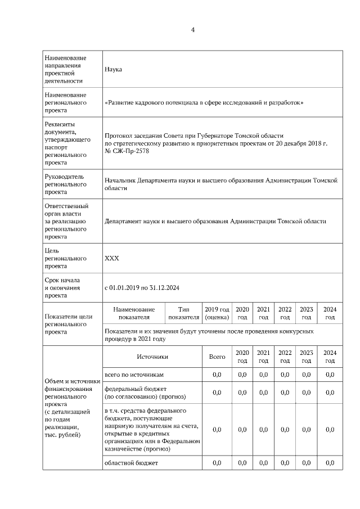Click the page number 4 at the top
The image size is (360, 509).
coord(193,30)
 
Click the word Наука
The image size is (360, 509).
coord(114,69)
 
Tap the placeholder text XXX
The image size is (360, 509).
coord(112,258)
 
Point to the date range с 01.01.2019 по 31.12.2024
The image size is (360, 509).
coord(142,288)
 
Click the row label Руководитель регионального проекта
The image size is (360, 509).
coord(65,184)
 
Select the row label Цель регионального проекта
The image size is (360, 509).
coord(65,258)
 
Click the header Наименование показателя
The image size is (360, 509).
coord(133,313)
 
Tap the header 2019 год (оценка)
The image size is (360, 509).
coord(217,313)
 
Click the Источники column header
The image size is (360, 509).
coord(152,357)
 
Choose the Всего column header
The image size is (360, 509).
coord(217,357)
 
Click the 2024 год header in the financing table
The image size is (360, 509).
coord(330,357)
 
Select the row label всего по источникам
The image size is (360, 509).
coord(134,375)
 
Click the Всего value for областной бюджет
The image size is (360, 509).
coord(217,463)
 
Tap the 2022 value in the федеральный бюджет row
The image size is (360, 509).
coord(285,393)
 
